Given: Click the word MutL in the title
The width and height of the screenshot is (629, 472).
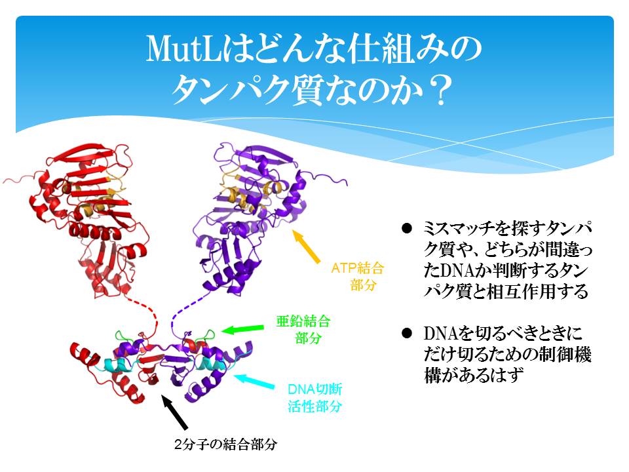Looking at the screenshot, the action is (183, 49).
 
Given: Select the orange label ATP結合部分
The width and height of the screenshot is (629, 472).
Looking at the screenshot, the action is (358, 276).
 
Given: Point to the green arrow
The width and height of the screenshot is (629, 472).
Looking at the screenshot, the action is (242, 329).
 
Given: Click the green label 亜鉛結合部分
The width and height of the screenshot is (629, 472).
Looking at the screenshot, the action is (303, 329).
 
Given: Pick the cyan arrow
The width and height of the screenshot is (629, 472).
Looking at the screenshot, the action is (254, 382).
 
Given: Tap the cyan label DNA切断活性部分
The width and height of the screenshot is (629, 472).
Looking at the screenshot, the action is (315, 398).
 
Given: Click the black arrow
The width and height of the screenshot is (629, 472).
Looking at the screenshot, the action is (174, 412).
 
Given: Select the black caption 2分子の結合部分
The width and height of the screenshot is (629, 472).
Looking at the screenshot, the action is (225, 444).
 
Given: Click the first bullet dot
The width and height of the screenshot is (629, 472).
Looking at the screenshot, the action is (407, 229).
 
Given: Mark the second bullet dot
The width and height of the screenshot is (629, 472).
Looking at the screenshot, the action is (407, 333).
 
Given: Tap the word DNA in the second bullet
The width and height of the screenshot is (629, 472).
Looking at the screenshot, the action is (440, 334).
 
